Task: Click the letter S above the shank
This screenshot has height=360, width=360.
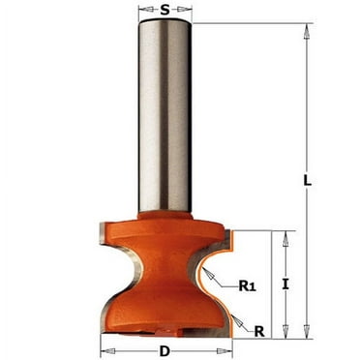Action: tap(165, 10)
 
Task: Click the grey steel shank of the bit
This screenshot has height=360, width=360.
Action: tap(165, 116)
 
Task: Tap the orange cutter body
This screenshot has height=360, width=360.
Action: tap(165, 281)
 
